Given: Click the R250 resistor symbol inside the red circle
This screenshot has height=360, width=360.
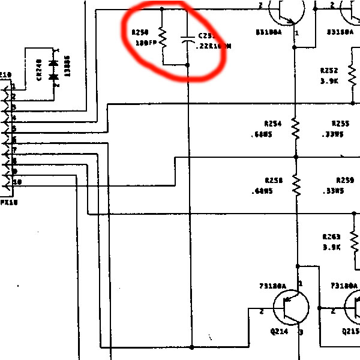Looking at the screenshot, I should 162,37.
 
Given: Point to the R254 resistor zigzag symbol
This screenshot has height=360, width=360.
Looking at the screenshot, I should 295,128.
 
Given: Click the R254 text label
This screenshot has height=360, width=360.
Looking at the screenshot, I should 273,123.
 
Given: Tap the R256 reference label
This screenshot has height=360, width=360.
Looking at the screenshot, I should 273,180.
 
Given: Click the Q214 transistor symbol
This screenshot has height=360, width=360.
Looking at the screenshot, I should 291,308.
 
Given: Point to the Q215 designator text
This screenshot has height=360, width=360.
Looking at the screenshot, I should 350,331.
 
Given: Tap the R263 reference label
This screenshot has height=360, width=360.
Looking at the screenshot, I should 331,237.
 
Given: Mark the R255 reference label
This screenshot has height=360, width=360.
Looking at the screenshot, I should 340,123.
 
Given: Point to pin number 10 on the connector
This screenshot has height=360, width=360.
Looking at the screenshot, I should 17,181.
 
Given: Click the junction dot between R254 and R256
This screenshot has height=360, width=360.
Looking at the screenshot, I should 295,157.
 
